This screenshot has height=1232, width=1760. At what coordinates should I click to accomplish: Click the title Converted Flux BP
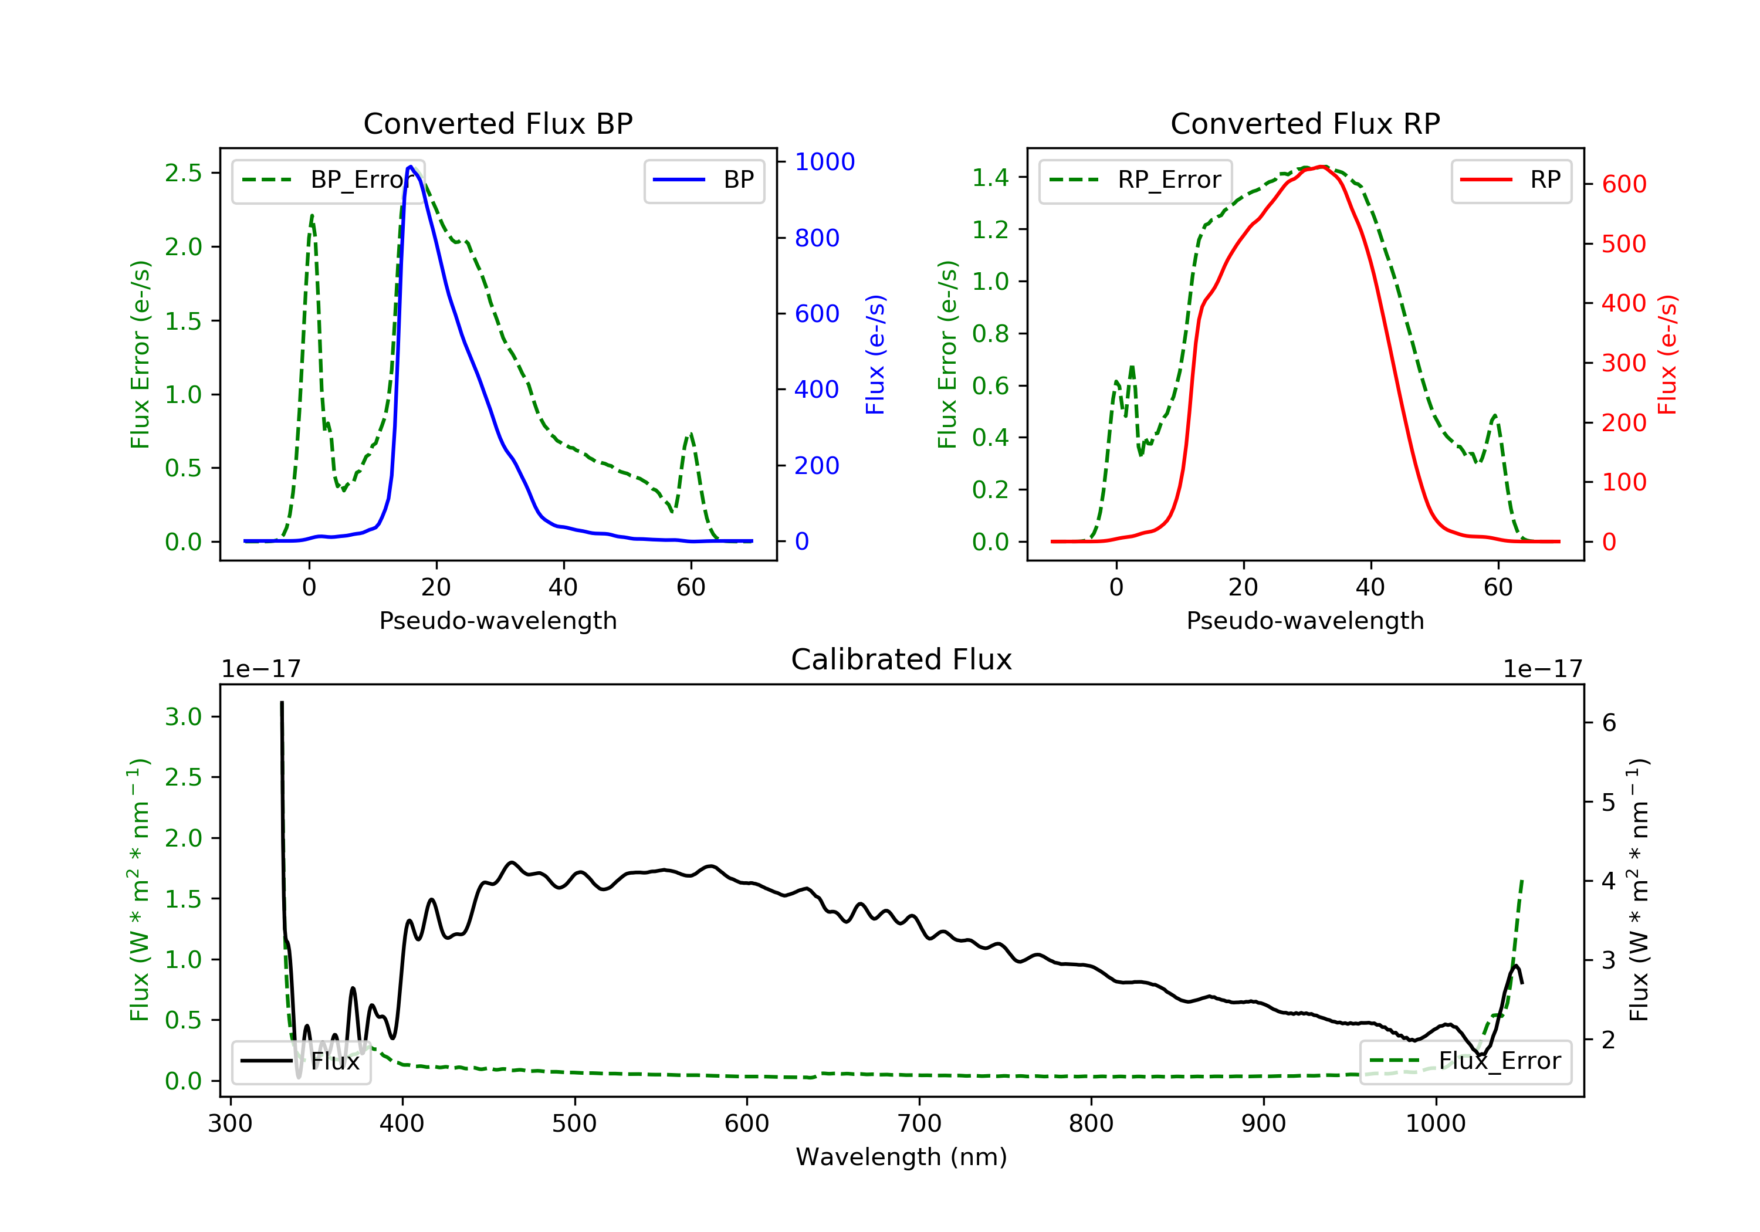tap(497, 123)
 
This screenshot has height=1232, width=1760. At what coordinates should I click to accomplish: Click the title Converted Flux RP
tap(1305, 123)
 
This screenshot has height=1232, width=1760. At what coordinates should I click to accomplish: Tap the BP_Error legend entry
tap(328, 180)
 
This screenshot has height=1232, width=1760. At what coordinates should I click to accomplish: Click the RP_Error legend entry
tap(1135, 180)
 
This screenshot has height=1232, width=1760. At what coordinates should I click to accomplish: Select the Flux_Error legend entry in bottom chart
tap(1465, 1061)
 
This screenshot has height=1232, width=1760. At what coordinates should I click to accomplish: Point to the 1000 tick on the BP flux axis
tap(824, 162)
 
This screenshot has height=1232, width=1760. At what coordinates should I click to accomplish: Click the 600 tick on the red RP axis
tap(1623, 184)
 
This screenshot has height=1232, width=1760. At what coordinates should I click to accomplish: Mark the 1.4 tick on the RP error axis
tap(990, 178)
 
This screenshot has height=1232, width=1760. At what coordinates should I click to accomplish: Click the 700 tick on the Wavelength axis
tap(918, 1124)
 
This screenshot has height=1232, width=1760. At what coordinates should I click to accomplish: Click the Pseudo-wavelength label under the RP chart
tap(1305, 621)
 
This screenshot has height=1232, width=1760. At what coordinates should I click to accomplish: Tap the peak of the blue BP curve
tap(411, 167)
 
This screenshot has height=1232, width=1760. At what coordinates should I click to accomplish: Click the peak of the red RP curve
tap(1323, 167)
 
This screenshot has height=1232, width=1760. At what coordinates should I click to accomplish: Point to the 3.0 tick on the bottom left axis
tap(183, 717)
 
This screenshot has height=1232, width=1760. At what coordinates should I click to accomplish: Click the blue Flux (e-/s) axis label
tap(875, 354)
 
